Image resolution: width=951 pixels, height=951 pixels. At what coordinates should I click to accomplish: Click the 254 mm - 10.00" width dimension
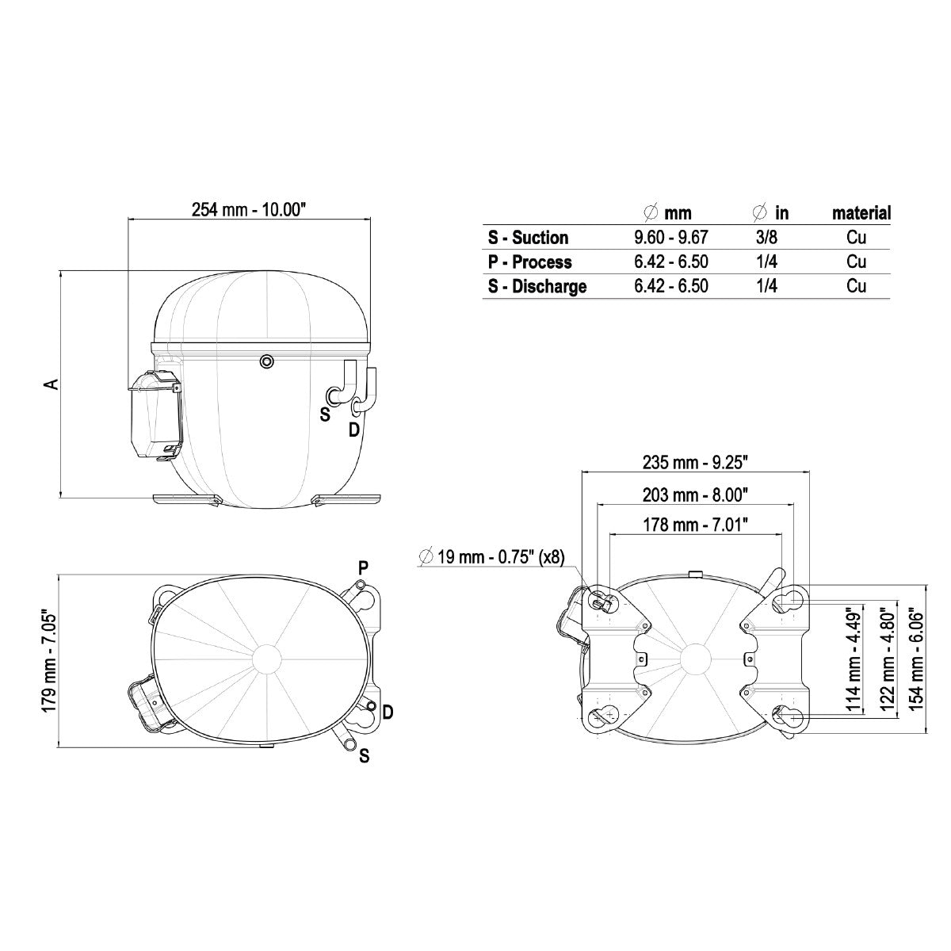pos(249,210)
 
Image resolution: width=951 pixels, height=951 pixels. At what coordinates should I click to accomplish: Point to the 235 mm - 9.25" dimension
pos(695,462)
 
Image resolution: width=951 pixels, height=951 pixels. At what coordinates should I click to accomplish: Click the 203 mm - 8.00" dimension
pos(695,495)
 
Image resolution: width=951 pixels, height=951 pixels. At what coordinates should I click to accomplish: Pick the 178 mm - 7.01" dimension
pos(695,525)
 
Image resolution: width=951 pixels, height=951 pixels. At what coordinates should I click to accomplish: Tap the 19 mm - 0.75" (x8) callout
pos(491,557)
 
